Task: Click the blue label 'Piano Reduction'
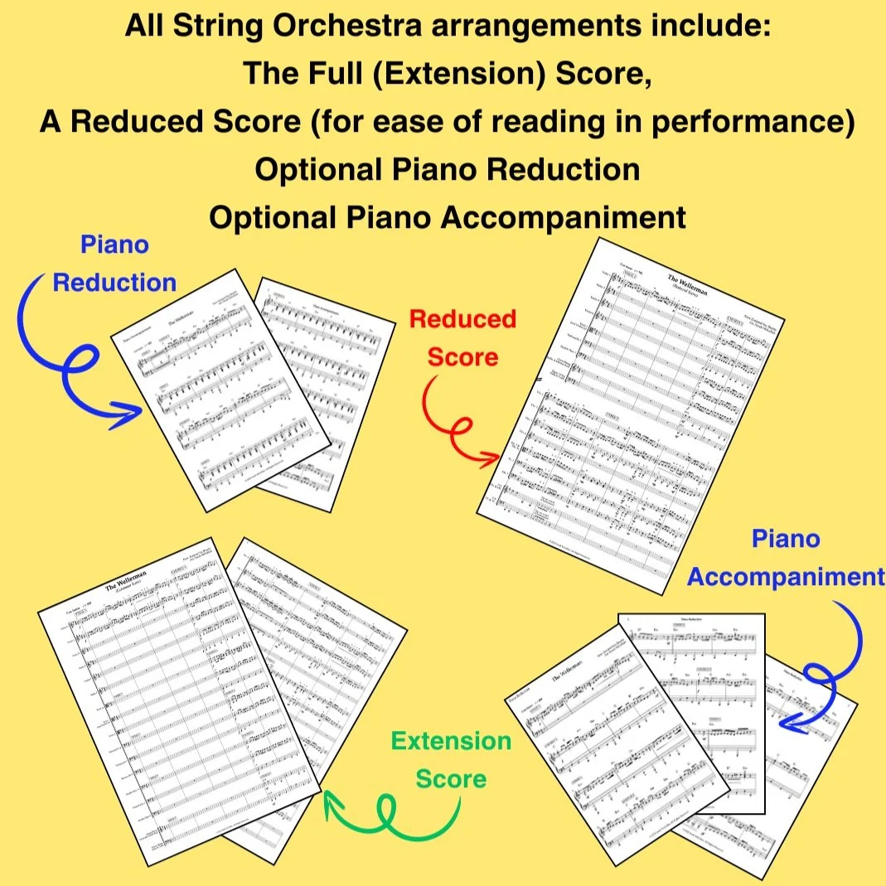point(114,264)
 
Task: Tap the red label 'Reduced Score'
point(462,337)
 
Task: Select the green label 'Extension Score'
point(451,759)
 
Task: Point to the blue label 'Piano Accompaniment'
point(785,558)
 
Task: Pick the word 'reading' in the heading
point(569,121)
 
